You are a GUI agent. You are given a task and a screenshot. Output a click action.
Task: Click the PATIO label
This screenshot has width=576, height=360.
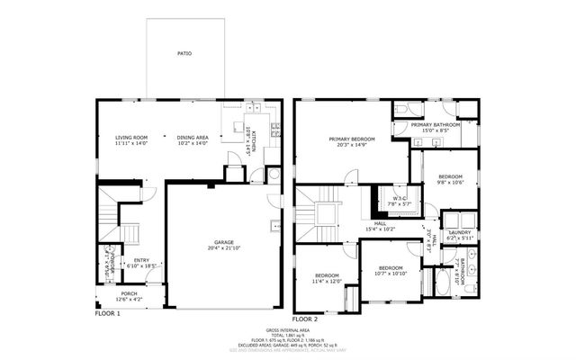coord(183,53)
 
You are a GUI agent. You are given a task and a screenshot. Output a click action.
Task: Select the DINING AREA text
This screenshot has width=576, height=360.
coord(192,137)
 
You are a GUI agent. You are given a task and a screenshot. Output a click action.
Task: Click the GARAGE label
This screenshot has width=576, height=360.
coord(223,243)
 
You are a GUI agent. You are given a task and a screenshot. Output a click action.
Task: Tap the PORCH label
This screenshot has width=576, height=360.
coord(130,293)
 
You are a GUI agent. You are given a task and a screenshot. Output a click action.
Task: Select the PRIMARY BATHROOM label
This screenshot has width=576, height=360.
coord(436,124)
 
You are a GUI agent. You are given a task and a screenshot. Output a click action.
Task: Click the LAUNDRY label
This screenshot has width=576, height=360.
coord(459,232)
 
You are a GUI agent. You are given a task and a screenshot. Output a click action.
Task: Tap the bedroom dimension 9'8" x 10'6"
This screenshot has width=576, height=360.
coord(451,182)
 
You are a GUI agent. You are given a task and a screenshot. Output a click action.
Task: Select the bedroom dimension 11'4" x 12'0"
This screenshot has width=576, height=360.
coord(327,281)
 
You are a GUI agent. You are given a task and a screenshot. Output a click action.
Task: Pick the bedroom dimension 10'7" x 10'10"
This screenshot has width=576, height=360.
coord(391,273)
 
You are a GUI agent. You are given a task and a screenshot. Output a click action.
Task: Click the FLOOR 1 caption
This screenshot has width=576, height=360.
coord(107,313)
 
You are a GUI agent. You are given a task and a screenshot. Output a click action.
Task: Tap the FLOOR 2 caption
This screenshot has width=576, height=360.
coord(306,319)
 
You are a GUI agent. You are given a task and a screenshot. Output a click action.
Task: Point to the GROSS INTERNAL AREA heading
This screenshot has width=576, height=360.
coord(288,330)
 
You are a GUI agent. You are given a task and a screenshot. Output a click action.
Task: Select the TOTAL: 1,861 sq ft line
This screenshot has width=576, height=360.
coord(288,336)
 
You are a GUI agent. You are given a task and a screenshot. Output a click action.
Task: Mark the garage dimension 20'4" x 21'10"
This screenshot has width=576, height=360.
coord(223,248)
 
